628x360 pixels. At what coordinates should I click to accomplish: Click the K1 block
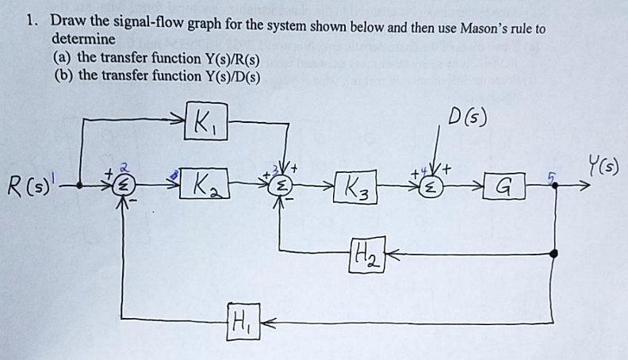pos(205,122)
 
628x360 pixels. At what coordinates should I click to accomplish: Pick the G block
pos(501,187)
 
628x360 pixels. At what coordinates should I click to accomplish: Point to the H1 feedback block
pos(242,323)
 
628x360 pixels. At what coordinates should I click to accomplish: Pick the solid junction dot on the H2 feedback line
pos(554,253)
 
